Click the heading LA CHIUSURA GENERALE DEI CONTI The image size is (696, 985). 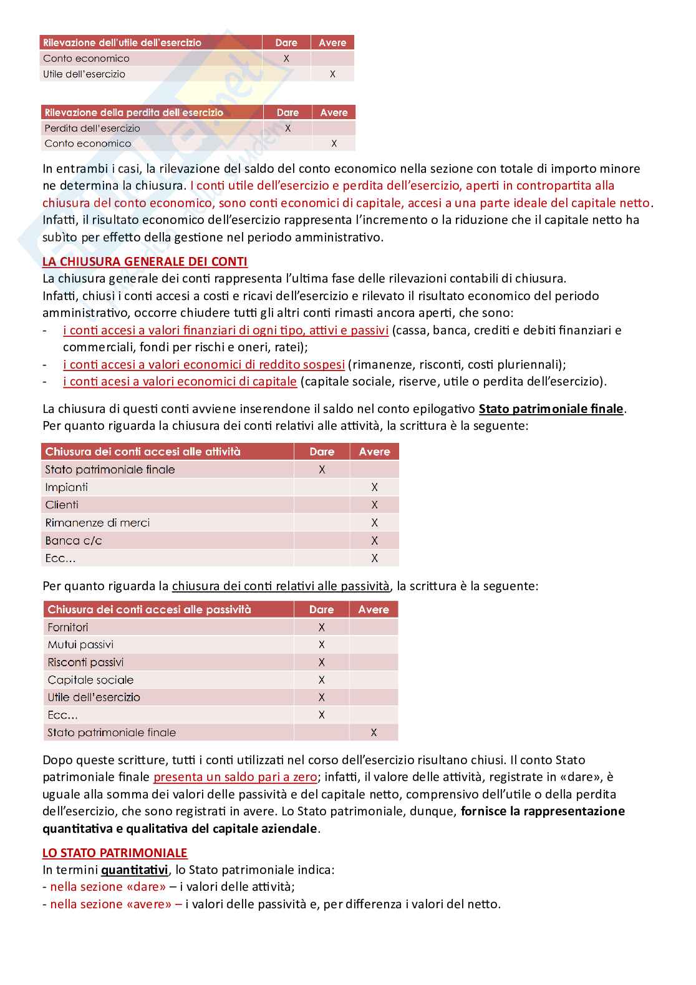145,261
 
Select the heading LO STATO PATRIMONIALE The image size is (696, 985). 115,853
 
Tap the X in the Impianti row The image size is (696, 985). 374,487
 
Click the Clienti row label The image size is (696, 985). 62,505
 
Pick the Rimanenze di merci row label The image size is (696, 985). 97,523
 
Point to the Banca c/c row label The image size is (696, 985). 74,541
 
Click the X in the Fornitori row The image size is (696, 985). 322,627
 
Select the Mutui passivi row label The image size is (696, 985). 80,644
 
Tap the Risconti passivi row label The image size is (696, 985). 85,662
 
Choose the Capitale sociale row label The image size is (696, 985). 90,680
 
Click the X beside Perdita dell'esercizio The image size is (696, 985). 288,128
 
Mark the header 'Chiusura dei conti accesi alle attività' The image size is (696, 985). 143,452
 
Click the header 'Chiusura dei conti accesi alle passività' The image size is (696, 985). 149,609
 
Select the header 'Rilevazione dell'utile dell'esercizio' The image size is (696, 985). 122,42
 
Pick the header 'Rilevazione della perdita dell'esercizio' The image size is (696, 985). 133,112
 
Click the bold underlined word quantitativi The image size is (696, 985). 134,870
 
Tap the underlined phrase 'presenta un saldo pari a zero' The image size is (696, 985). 235,777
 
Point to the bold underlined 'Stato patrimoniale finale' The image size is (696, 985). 551,409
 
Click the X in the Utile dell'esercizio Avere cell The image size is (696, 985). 332,74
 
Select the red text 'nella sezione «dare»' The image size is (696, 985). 108,886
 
